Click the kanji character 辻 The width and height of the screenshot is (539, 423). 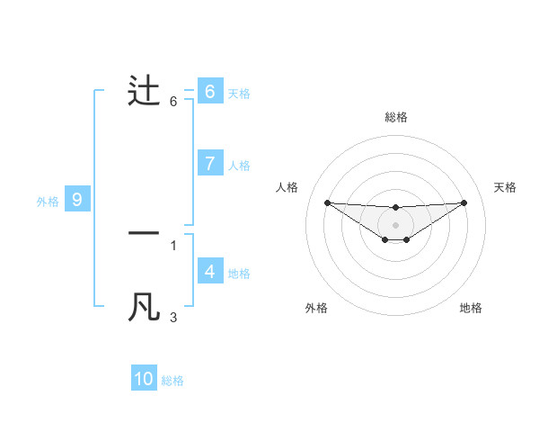click(x=145, y=91)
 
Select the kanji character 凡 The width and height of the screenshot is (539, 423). click(x=145, y=307)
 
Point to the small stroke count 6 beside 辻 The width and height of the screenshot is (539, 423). click(x=173, y=102)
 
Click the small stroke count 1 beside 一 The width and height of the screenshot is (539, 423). click(x=173, y=245)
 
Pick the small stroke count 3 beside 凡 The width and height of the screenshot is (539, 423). click(x=173, y=318)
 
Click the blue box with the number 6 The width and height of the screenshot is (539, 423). click(x=209, y=91)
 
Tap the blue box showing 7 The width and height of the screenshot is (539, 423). click(x=209, y=163)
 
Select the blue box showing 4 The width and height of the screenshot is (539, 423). click(x=209, y=271)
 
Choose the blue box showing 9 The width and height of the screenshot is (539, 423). click(x=77, y=200)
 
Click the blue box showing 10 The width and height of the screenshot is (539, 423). click(x=144, y=379)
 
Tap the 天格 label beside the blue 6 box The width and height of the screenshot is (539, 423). click(x=239, y=93)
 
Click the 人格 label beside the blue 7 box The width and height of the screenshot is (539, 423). click(x=239, y=166)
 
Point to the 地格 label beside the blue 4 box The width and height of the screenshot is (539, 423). click(x=239, y=274)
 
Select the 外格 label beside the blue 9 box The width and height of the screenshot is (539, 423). click(x=48, y=202)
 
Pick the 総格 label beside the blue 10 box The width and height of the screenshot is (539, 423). click(x=172, y=382)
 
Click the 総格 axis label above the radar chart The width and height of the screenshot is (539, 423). click(x=396, y=117)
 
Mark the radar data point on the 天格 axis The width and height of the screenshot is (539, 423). click(x=464, y=202)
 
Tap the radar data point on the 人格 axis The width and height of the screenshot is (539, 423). click(x=327, y=202)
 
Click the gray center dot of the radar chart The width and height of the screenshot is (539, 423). click(x=395, y=224)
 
